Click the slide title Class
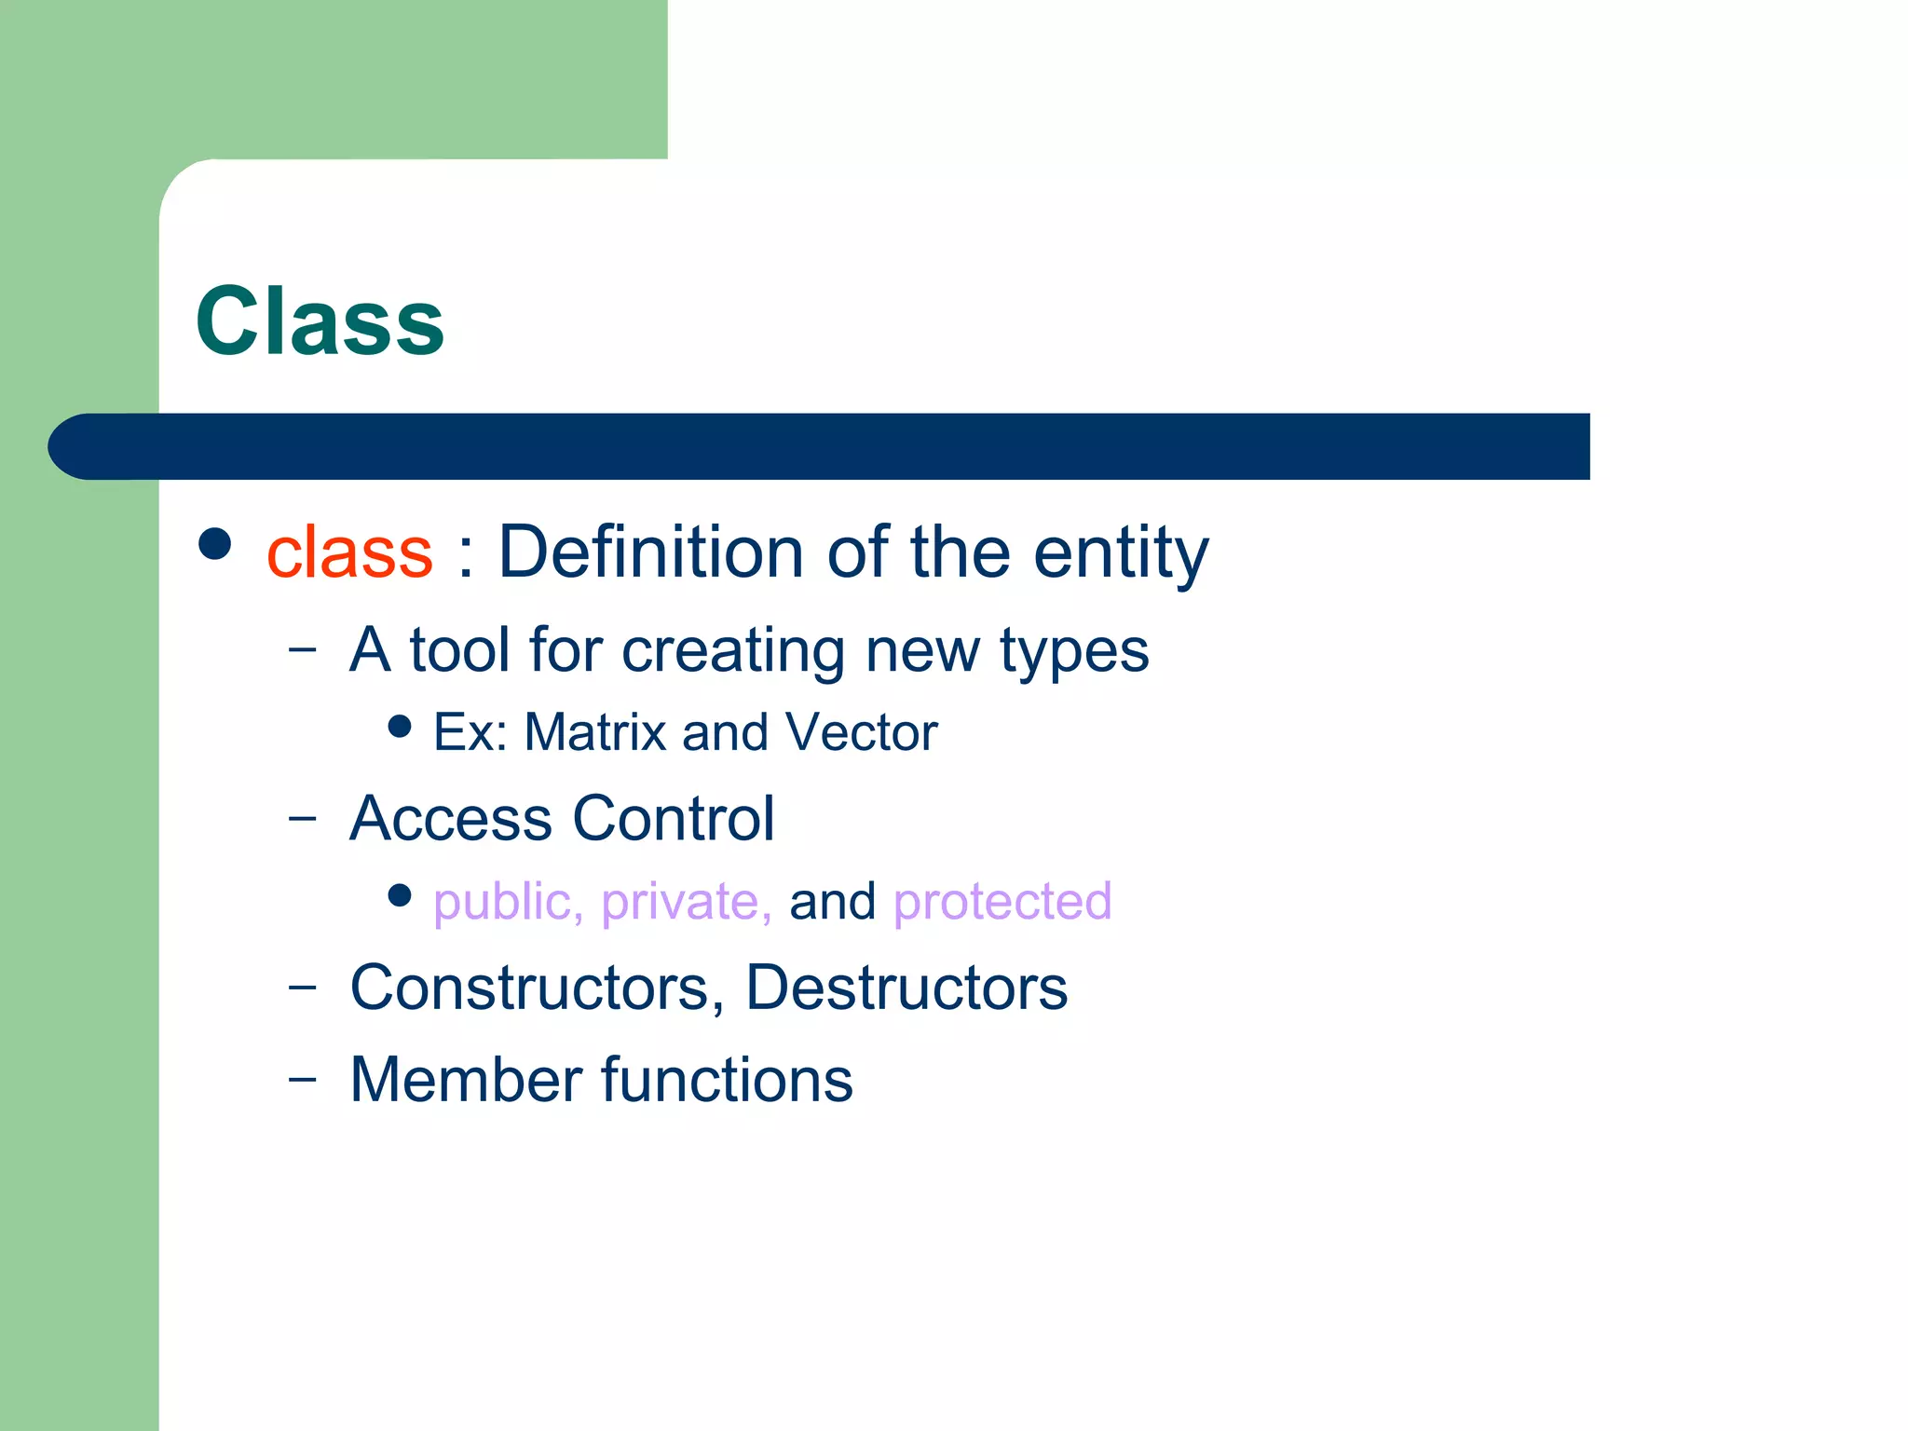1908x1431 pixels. (x=320, y=321)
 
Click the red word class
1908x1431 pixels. (x=349, y=552)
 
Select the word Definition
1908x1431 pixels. (x=649, y=552)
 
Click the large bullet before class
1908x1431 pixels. (x=215, y=544)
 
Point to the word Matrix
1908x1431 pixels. (x=595, y=732)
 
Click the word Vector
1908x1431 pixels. (x=861, y=732)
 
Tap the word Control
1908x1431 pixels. (x=673, y=819)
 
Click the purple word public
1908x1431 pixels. (x=508, y=903)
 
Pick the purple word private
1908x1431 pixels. (x=686, y=903)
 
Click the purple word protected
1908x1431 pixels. (x=1002, y=902)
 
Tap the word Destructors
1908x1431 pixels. (x=906, y=988)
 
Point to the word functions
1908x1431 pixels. (x=727, y=1081)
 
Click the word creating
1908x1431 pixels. (x=732, y=650)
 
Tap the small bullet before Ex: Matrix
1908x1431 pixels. (x=400, y=726)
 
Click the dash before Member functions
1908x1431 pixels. (x=302, y=1079)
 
